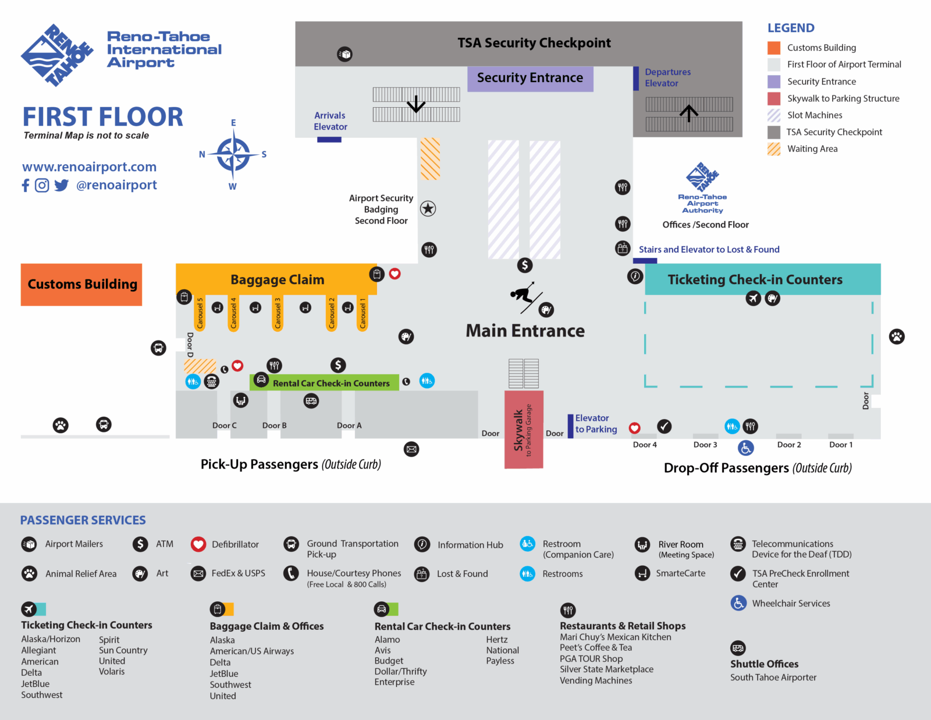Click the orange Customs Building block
click(81, 285)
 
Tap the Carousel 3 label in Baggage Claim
click(278, 314)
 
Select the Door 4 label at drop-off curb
click(645, 445)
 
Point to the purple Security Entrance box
click(530, 78)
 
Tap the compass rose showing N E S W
click(233, 155)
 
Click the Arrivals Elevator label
click(331, 121)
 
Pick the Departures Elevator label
click(667, 77)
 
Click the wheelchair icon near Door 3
click(746, 448)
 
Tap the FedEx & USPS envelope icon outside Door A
click(411, 449)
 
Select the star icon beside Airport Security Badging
click(428, 208)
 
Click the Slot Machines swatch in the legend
click(774, 115)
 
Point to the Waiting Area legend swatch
click(774, 149)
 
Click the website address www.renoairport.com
click(89, 167)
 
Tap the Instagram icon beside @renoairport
click(42, 186)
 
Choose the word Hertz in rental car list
click(497, 639)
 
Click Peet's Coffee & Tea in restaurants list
click(595, 647)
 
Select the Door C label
click(224, 425)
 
